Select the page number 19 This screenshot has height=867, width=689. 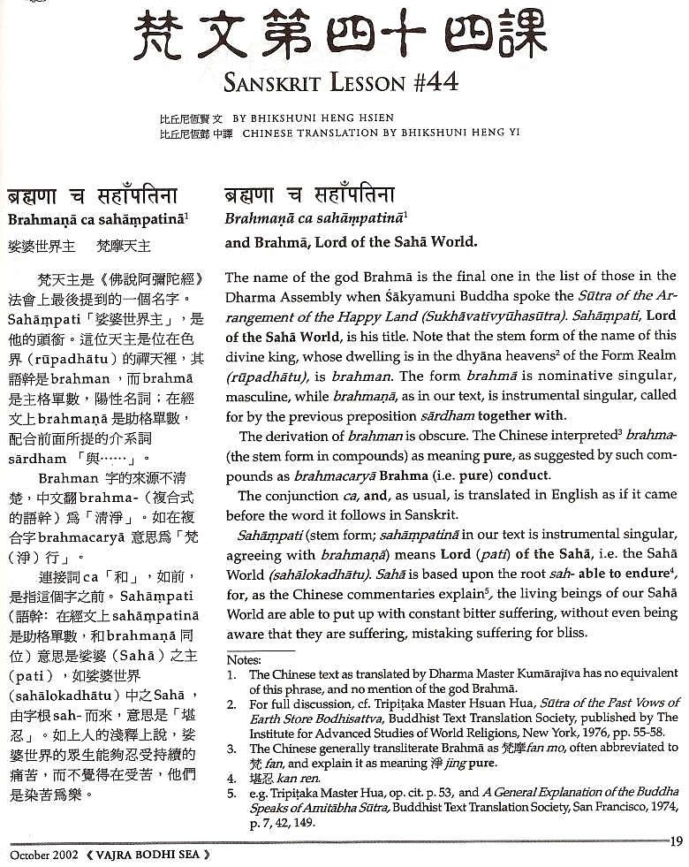(x=677, y=841)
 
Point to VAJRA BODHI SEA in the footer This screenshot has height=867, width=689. (x=148, y=856)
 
